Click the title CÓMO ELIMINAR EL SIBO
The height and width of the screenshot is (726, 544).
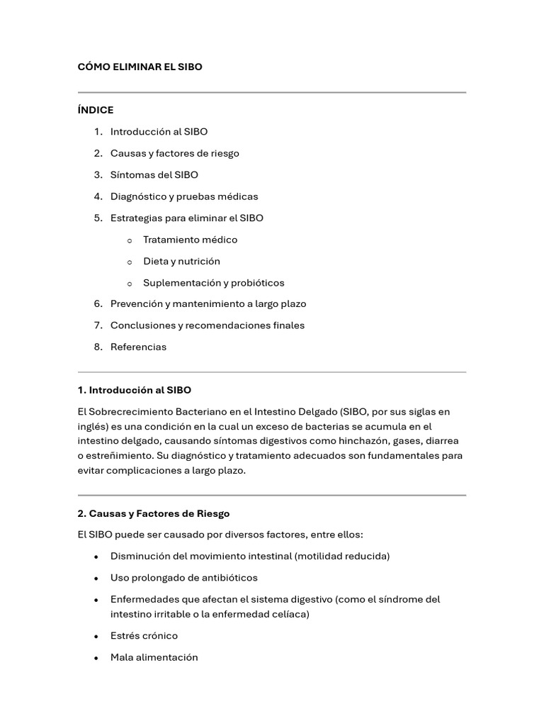pos(140,67)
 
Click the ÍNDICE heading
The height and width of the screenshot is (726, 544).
pos(95,110)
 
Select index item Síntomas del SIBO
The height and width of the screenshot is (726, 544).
pos(154,174)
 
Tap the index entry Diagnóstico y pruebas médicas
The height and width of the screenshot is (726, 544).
pos(183,196)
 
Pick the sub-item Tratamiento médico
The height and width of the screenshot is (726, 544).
pos(190,240)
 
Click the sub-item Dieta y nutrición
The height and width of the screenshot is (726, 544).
pos(181,261)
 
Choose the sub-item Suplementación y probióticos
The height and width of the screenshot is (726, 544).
pos(213,283)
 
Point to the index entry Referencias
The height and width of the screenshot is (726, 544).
pos(138,347)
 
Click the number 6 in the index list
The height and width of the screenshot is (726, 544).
pos(98,303)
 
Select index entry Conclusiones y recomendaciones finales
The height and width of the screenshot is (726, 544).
pos(207,325)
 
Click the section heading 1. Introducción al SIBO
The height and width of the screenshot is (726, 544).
pos(134,390)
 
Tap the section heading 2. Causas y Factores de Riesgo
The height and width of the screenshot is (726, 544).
pos(153,513)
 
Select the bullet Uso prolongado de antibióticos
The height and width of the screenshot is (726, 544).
pos(183,577)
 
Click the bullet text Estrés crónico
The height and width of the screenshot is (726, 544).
pos(144,635)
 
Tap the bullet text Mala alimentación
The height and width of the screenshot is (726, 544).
pos(154,657)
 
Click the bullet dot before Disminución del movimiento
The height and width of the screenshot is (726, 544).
pos(96,557)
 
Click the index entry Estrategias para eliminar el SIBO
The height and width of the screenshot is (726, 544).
pos(186,218)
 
